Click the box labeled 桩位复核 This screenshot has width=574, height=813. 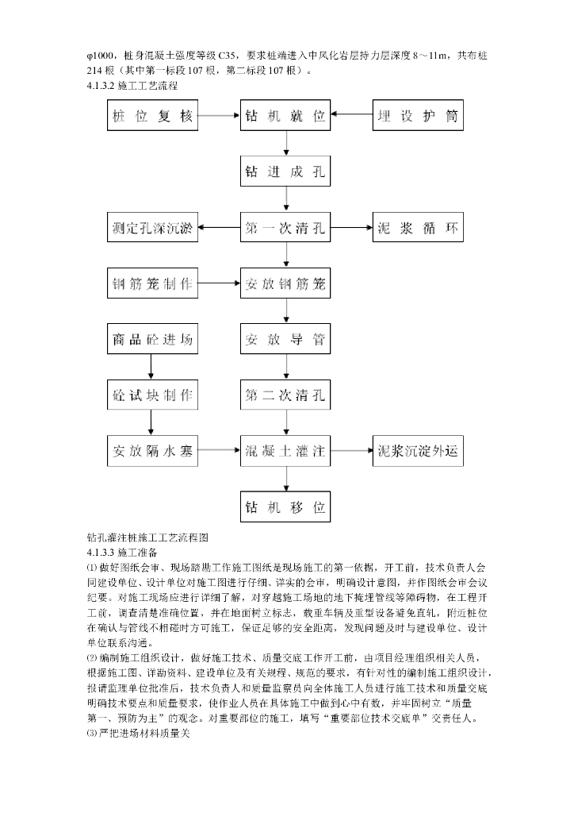(x=152, y=117)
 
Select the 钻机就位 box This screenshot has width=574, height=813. (x=286, y=117)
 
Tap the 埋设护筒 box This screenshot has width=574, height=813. (x=418, y=117)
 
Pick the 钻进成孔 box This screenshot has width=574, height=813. (x=286, y=171)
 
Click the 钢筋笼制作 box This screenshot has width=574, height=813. (x=152, y=283)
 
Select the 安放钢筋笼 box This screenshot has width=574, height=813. (x=286, y=283)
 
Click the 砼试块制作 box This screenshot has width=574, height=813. (x=152, y=395)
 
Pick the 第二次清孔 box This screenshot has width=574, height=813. (x=286, y=395)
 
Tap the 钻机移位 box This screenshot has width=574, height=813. (x=286, y=507)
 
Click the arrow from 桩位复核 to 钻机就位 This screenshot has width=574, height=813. (x=219, y=117)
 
